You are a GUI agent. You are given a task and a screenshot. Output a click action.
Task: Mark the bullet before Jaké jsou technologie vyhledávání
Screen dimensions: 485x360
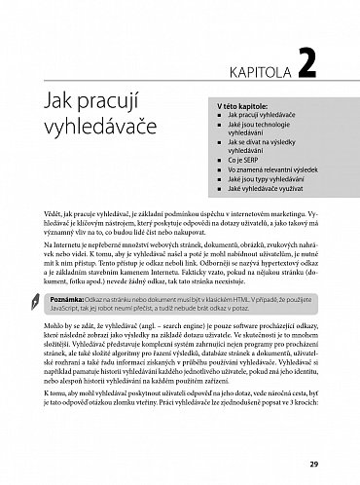(219, 128)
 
